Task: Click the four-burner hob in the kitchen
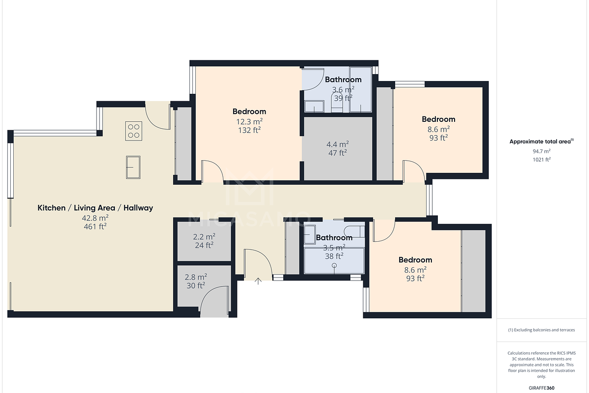click(x=134, y=131)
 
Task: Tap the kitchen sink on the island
click(x=133, y=167)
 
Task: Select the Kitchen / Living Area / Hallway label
click(x=95, y=208)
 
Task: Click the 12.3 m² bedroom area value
click(x=249, y=121)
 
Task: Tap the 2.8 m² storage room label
click(x=195, y=277)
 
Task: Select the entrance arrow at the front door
click(x=258, y=281)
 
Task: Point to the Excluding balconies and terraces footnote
click(x=541, y=330)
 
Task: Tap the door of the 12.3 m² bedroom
click(x=214, y=172)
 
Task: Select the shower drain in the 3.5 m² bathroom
click(x=334, y=266)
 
